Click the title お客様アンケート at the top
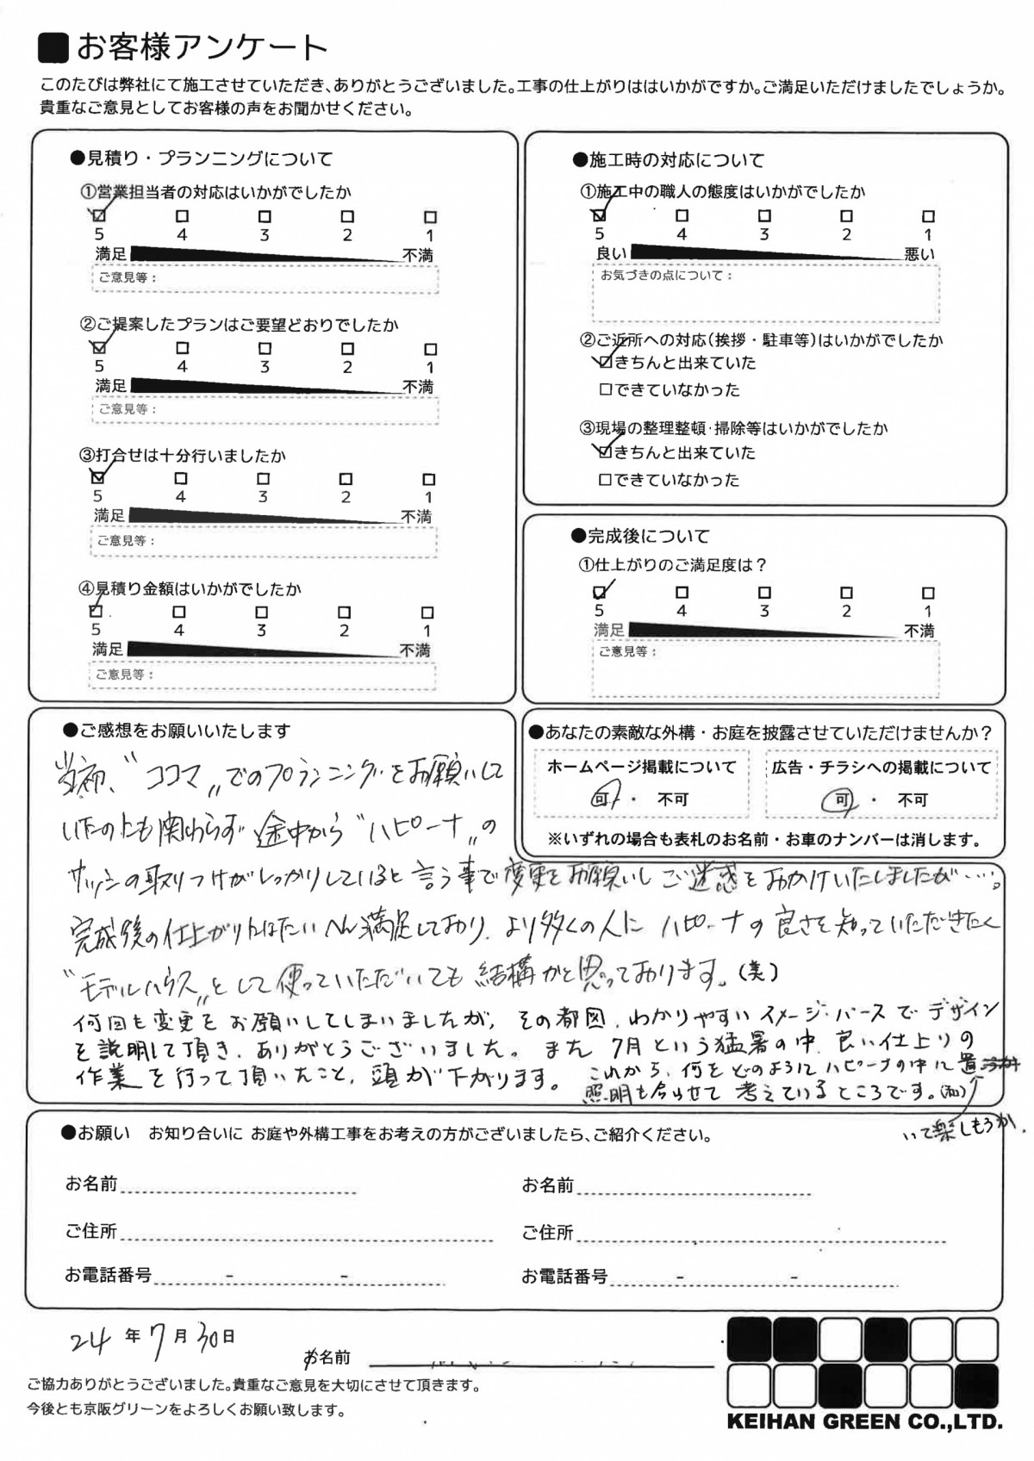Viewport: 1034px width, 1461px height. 202,47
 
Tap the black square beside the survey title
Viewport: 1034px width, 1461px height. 54,48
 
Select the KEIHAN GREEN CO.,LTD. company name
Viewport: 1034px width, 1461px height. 864,1422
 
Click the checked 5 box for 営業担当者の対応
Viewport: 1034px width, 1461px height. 99,215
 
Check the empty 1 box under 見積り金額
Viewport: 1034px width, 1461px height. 427,612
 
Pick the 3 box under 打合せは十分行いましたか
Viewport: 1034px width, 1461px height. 263,479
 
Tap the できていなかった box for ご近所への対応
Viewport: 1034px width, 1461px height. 605,390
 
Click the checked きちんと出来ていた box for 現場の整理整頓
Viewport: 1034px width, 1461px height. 605,451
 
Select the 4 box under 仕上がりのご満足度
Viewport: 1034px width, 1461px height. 682,593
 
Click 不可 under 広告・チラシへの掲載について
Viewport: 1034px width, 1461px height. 913,800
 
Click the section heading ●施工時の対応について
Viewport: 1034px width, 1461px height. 668,160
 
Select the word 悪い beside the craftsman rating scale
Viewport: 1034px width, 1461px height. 919,254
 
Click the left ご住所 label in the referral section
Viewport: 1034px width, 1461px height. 91,1232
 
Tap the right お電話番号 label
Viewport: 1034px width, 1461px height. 564,1277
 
